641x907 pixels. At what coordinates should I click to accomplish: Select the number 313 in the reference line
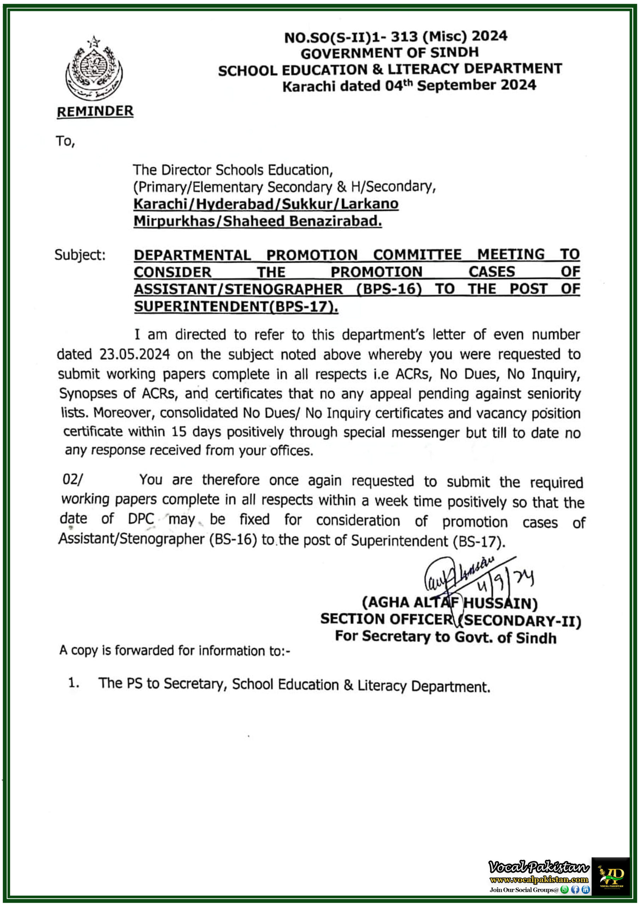click(404, 37)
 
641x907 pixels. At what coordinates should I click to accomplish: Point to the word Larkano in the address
click(369, 204)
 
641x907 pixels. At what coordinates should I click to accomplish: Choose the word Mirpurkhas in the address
click(174, 221)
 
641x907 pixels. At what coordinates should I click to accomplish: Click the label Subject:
click(80, 255)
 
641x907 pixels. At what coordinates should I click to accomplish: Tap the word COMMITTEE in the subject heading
click(418, 254)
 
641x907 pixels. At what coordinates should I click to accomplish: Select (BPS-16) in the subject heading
click(389, 289)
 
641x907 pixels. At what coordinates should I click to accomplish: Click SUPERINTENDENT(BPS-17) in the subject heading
click(236, 306)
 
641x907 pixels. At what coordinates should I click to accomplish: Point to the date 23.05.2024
click(135, 354)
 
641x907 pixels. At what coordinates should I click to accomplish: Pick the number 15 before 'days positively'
click(178, 432)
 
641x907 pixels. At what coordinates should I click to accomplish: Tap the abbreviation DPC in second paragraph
click(141, 519)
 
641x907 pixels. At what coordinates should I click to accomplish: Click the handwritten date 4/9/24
click(505, 580)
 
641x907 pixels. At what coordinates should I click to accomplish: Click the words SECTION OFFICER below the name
click(386, 619)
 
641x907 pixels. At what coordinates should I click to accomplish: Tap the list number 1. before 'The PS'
click(74, 683)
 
